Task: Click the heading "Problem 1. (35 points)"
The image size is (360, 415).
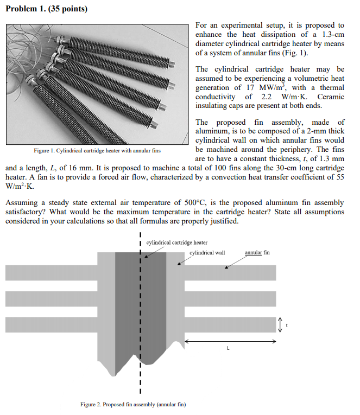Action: [x=46, y=9]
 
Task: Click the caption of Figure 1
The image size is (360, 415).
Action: [x=97, y=150]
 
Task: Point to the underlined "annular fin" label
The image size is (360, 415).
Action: [x=257, y=253]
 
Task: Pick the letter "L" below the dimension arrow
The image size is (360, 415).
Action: [x=228, y=349]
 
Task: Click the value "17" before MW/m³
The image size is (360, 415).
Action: [x=251, y=87]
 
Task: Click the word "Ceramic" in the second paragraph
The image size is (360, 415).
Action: [x=330, y=97]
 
